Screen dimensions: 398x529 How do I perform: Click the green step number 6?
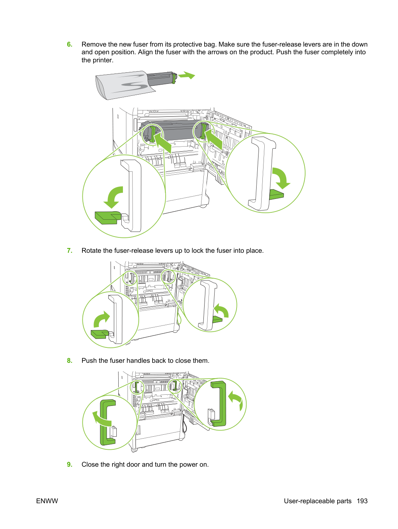69,44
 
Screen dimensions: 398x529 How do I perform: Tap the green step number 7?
69,250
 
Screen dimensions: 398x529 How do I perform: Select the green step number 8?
69,360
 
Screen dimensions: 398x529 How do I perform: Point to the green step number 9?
69,464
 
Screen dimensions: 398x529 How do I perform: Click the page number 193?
362,501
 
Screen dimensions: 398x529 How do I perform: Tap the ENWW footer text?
47,501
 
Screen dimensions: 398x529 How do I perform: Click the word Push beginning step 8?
89,360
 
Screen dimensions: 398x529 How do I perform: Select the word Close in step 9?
90,464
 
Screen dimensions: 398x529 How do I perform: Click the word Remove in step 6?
94,44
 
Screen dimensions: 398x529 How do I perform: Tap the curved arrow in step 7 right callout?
222,310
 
